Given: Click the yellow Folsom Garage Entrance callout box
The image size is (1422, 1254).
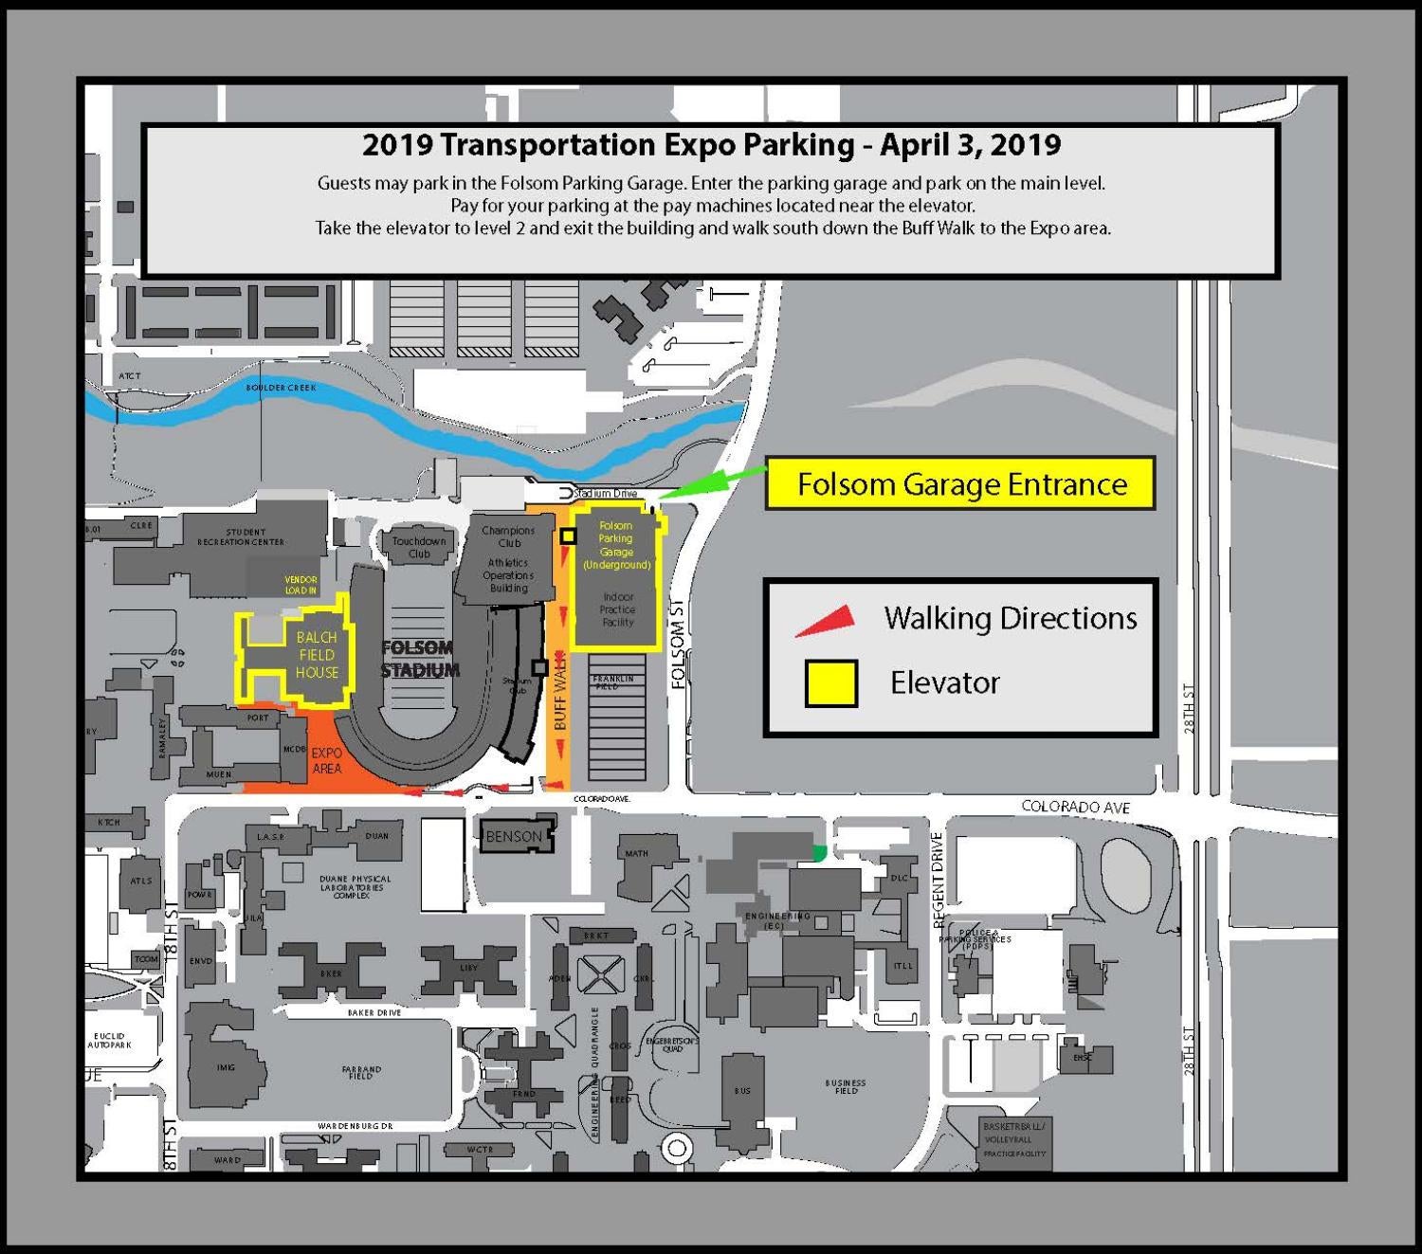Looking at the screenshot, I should click(x=960, y=484).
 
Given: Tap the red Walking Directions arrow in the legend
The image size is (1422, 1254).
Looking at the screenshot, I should click(x=828, y=620).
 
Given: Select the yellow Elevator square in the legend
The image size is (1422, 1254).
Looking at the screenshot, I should click(x=831, y=683).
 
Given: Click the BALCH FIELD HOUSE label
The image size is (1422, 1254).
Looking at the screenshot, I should click(x=317, y=655).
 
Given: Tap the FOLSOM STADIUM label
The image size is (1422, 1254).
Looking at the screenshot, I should click(x=420, y=659).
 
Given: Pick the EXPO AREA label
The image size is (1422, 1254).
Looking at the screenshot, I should click(x=327, y=760).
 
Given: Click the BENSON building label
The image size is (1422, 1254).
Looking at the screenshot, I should click(x=514, y=836).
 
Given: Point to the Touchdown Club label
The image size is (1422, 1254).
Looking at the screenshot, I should click(x=419, y=547).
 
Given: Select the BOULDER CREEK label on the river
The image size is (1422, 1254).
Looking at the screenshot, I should click(x=282, y=388).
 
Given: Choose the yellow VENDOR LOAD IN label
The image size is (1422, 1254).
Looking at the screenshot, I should click(x=301, y=585).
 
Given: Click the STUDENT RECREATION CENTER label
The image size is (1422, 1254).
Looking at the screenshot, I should click(x=241, y=537).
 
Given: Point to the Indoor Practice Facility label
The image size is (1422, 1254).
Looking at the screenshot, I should click(x=617, y=609).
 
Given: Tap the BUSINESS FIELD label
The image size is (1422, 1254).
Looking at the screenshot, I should click(x=846, y=1086).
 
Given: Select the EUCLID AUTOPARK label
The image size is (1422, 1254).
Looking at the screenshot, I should click(x=110, y=1040).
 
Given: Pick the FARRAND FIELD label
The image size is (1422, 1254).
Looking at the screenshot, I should click(x=361, y=1072).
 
